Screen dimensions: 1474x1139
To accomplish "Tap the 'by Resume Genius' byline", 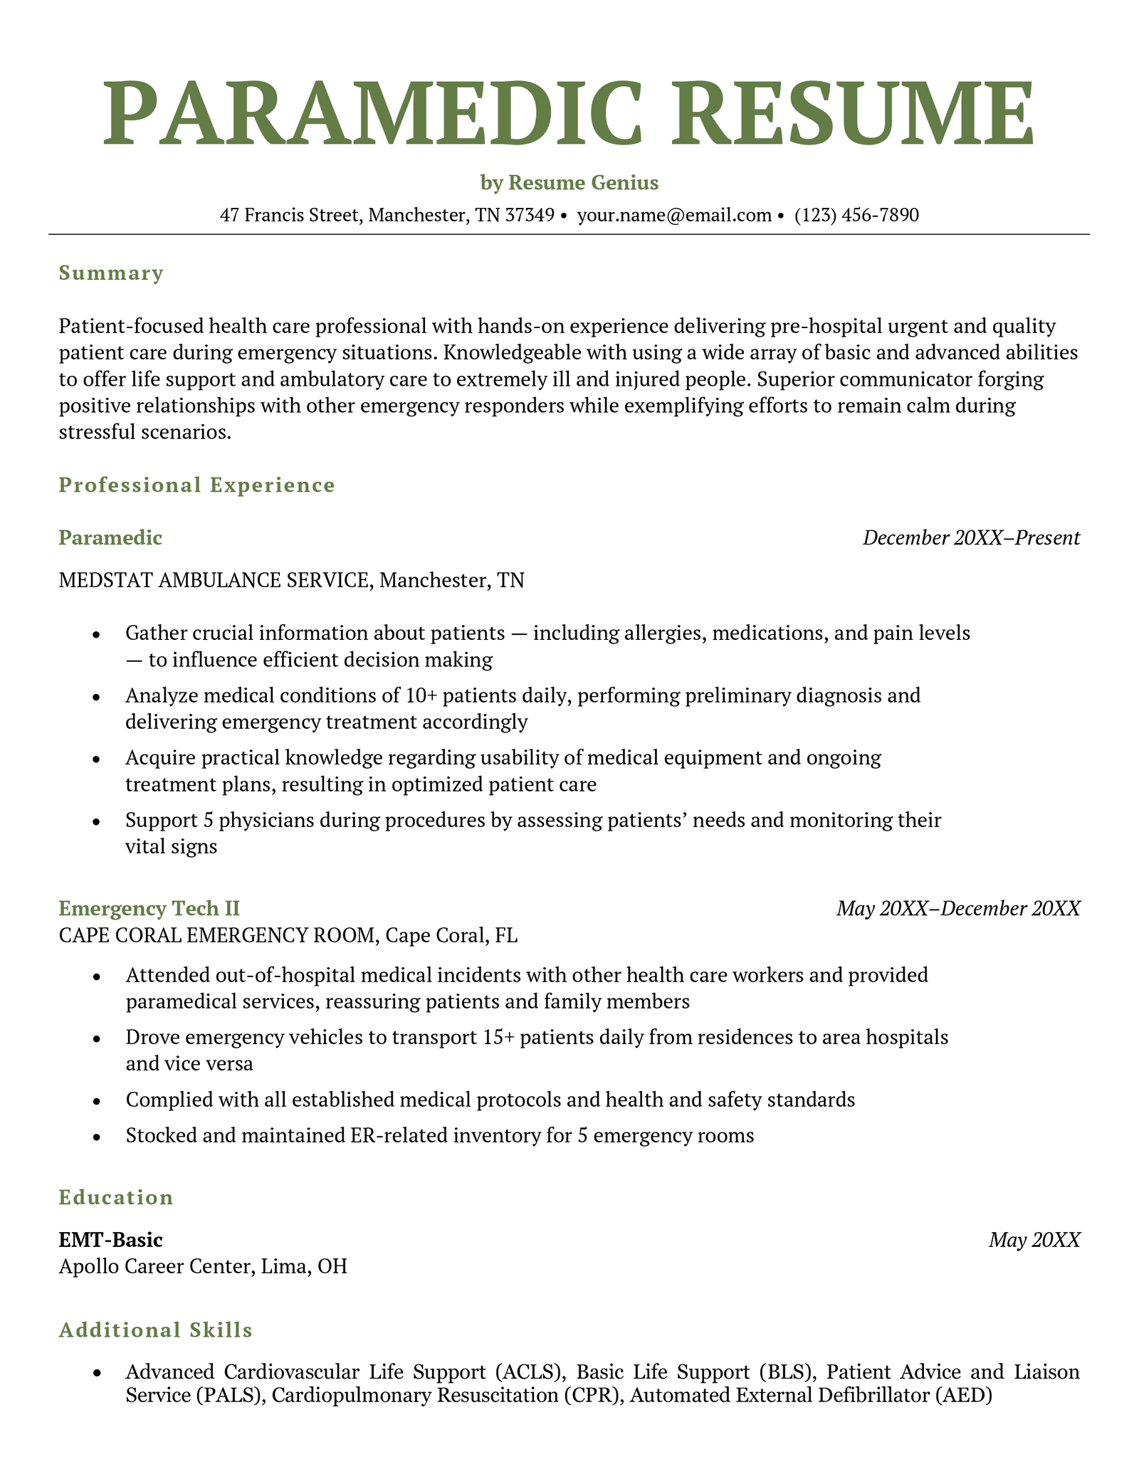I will point(569,183).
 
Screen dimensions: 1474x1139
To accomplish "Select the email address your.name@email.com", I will point(673,215).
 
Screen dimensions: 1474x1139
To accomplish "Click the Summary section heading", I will point(111,273).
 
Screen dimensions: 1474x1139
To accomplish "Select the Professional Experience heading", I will point(196,485).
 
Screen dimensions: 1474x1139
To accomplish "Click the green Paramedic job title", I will point(110,538).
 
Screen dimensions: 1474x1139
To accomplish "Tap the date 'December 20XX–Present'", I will point(971,538).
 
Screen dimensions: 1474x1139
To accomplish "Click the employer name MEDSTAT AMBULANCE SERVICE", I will point(214,581).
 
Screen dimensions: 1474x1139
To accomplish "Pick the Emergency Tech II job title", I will point(149,909).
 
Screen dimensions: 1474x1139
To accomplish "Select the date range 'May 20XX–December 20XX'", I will point(958,909).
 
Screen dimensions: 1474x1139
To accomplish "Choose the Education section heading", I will point(116,1198).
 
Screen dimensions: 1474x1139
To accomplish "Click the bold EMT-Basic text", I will point(110,1241).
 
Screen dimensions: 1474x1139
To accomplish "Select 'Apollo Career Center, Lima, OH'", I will point(203,1267).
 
